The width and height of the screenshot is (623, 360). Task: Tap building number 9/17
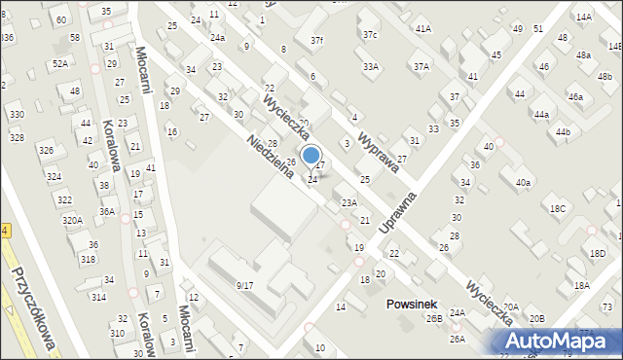244,285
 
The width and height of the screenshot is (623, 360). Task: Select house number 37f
316,40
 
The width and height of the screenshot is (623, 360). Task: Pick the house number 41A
423,29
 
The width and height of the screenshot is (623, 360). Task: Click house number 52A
60,63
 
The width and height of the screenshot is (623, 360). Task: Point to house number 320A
72,221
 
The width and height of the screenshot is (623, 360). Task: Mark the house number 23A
348,202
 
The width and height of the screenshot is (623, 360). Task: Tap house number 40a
524,183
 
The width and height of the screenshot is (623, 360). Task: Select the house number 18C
557,208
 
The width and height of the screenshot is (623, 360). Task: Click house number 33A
371,66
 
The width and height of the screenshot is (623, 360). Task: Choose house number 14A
583,17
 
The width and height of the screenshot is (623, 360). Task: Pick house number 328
17,138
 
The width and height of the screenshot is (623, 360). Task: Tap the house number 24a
217,37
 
